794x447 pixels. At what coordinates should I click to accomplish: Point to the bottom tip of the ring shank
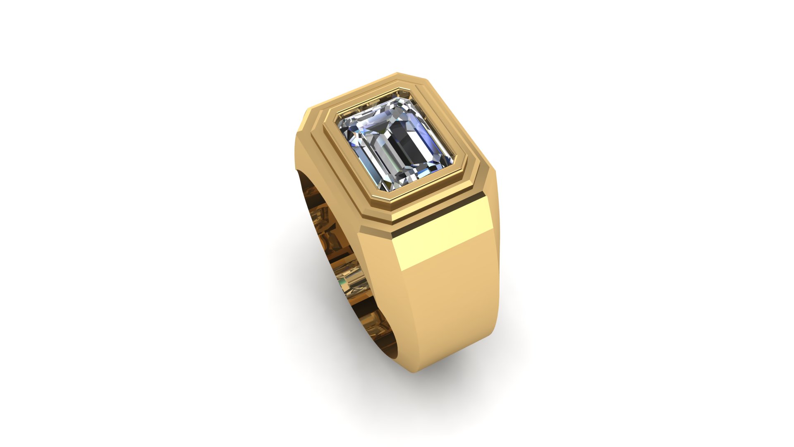coord(414,371)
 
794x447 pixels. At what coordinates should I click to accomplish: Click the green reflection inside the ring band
coord(342,284)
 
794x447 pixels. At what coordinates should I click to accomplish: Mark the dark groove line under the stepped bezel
coord(438,211)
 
